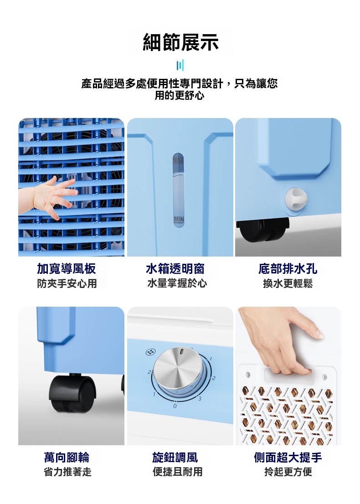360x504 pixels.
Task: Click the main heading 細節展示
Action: (x=180, y=42)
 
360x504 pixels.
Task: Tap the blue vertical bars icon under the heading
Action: (x=180, y=65)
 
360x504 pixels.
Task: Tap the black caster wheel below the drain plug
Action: (x=262, y=230)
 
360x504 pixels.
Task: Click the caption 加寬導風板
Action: (x=66, y=269)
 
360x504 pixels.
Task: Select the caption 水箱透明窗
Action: (x=175, y=269)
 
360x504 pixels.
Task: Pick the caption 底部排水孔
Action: (x=288, y=269)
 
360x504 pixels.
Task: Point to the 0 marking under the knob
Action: (x=175, y=406)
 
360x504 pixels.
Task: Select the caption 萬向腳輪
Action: (x=67, y=458)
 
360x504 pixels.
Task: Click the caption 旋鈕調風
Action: (x=175, y=458)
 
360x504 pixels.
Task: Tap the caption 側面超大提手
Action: (x=288, y=458)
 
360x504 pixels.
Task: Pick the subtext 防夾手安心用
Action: (x=67, y=283)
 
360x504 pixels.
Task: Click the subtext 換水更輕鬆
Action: (x=288, y=283)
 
